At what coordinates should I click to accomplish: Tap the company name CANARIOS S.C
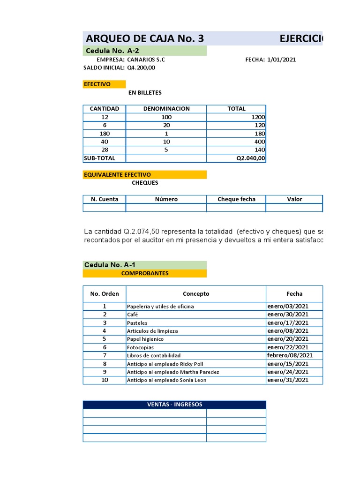pyautogui.click(x=146, y=60)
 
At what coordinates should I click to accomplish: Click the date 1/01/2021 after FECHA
pyautogui.click(x=281, y=60)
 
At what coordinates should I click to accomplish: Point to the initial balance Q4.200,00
pyautogui.click(x=141, y=67)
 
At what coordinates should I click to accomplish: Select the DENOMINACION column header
pyautogui.click(x=166, y=109)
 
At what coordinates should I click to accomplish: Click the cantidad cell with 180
pyautogui.click(x=105, y=134)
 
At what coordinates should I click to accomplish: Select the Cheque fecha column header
pyautogui.click(x=236, y=199)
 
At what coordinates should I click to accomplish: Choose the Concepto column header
pyautogui.click(x=196, y=294)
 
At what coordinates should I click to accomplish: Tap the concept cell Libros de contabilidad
pyautogui.click(x=154, y=356)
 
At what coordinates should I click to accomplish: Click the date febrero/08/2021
pyautogui.click(x=290, y=355)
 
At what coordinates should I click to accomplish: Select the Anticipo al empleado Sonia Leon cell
pyautogui.click(x=167, y=380)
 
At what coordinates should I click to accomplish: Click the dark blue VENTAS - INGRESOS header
pyautogui.click(x=174, y=405)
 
